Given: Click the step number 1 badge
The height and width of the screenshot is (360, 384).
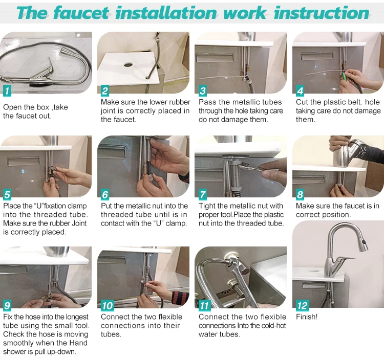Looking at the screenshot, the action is (7, 91).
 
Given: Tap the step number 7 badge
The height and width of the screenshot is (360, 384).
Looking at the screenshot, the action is (203, 194).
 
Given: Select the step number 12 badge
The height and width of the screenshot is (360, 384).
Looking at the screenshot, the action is (303, 305).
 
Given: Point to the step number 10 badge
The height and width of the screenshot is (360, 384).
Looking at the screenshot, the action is (108, 305).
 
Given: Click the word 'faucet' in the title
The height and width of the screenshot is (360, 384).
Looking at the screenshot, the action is (81, 13).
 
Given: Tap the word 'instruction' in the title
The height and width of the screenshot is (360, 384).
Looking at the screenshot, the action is (322, 13).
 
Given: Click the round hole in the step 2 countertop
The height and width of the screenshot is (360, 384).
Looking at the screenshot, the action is (128, 65).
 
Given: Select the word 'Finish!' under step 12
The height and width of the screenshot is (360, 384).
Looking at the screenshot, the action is (307, 317).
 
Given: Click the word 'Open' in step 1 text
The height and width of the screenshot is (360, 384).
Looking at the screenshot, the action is (11, 107).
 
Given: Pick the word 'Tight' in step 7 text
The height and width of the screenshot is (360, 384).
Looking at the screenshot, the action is (207, 206).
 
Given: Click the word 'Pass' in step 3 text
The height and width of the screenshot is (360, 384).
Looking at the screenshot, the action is (207, 102).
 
